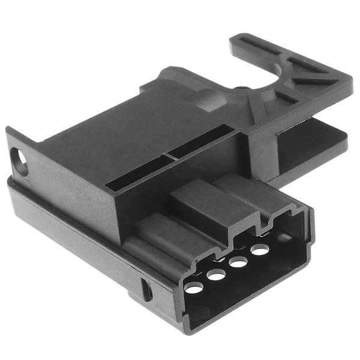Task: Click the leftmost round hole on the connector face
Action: click(x=193, y=289)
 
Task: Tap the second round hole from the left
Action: click(x=216, y=275)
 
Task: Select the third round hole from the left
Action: click(x=238, y=262)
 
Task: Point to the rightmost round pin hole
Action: click(x=259, y=250)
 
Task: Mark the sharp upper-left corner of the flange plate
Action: click(x=7, y=129)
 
